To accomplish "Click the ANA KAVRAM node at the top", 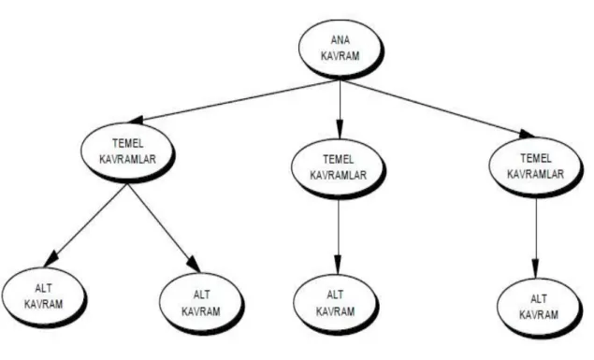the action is (340, 49).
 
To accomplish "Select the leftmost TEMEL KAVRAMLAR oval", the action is (127, 152).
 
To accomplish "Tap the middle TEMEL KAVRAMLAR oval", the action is (339, 168).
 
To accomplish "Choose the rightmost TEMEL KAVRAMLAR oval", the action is (536, 167).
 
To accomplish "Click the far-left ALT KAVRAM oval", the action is (44, 297).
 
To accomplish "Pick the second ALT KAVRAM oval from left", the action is (201, 304).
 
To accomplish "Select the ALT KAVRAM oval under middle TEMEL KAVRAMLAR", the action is (336, 304).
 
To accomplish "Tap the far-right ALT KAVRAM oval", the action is (539, 308).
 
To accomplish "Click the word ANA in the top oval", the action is (340, 40).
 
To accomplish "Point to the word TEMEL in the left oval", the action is (128, 144).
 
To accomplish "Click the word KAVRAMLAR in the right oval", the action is (536, 174).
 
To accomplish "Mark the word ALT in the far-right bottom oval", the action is (539, 299).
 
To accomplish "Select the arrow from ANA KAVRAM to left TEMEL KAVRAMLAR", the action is (234, 101).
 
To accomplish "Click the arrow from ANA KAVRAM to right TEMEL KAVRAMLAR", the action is (438, 108).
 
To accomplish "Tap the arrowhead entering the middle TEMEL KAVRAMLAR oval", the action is (340, 129).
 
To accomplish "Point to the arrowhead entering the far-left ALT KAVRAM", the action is (51, 258).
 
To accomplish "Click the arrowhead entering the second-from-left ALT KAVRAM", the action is (194, 264).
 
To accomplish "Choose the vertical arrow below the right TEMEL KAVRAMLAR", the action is (536, 238).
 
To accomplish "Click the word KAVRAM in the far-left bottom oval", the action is (44, 304).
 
